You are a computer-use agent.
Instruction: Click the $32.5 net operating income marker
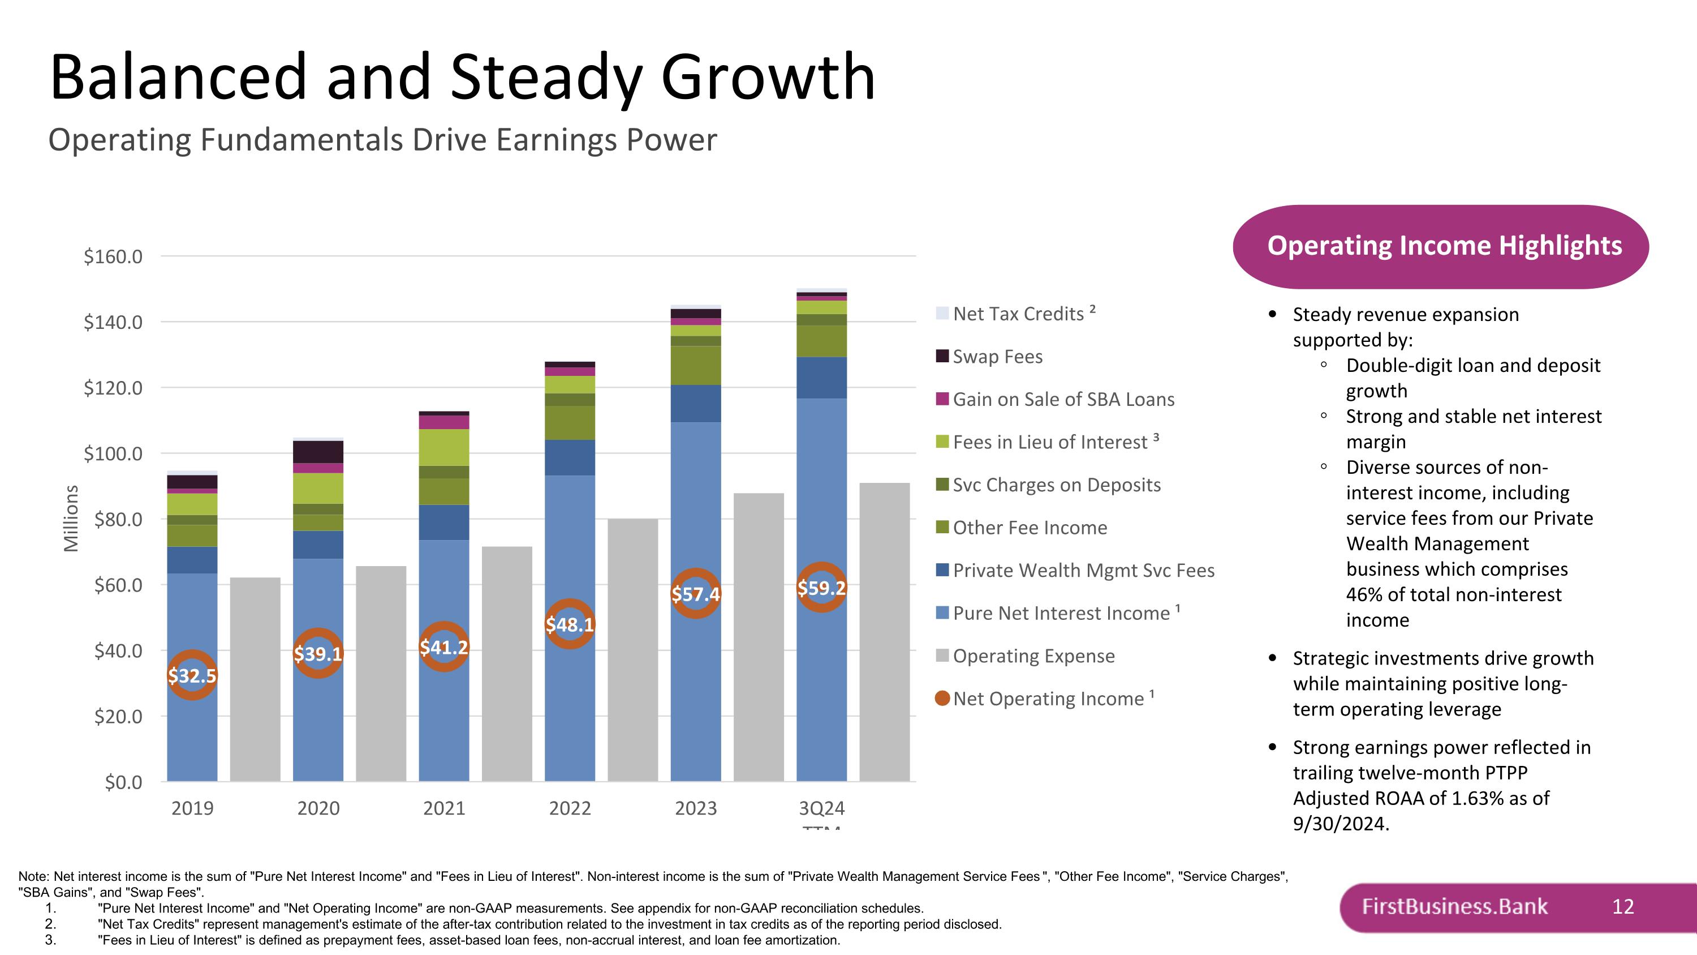tap(192, 675)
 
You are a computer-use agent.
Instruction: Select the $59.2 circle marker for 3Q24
tap(821, 587)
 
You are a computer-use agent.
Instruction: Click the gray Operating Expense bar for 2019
tap(255, 679)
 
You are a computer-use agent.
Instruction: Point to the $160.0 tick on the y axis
tap(113, 256)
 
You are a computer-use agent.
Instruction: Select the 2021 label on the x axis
tap(443, 808)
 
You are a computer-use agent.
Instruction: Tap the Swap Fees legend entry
tap(997, 357)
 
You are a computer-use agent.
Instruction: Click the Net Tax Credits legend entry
tap(1018, 314)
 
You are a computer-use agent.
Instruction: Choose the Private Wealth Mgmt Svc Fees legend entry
tap(1083, 570)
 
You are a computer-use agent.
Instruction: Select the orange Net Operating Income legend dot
tap(942, 698)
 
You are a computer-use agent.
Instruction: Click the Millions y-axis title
tap(71, 518)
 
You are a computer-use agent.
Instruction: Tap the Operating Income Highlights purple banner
tap(1441, 246)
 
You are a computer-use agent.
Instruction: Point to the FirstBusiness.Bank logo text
tap(1454, 906)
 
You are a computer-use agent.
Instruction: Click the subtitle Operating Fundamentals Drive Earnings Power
tap(382, 140)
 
